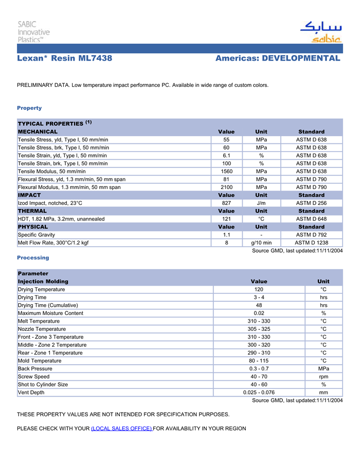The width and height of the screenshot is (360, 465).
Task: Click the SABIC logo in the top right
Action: tap(321, 32)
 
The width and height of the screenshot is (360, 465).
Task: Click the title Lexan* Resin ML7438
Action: tap(65, 59)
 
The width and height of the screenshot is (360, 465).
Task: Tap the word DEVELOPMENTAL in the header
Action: tap(301, 59)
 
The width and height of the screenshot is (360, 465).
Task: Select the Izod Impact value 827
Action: tap(226, 203)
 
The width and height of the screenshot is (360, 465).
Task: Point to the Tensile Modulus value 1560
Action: tap(226, 171)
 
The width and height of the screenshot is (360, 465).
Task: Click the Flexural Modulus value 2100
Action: tap(226, 187)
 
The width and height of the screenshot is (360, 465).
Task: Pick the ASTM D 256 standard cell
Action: tap(311, 203)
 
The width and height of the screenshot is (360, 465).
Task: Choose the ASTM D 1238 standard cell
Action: tap(311, 243)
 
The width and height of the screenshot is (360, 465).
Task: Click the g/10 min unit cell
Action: tap(261, 243)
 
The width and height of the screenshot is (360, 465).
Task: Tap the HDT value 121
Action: tap(226, 219)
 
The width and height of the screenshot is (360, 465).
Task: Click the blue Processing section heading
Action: tap(33, 257)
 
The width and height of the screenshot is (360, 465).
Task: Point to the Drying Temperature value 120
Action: tap(259, 289)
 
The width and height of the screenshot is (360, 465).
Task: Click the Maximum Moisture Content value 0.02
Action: tap(259, 313)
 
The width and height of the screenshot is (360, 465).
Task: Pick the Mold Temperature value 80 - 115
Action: tap(259, 361)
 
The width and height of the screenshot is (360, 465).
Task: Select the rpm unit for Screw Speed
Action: tap(323, 377)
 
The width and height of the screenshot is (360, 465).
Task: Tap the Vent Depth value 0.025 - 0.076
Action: tap(259, 393)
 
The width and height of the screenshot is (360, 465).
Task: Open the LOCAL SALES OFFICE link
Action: tap(121, 429)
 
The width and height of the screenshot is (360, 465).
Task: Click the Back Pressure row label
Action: tap(35, 368)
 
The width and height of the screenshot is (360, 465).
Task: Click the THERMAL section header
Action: tap(32, 211)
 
